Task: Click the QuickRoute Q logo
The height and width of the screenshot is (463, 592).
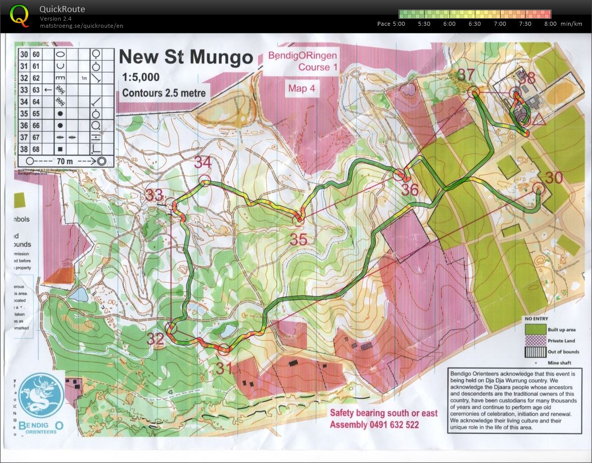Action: [20, 15]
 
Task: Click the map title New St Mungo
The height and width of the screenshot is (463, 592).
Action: [185, 57]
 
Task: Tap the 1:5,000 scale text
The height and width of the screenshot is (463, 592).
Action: [140, 77]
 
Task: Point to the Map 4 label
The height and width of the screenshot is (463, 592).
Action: [302, 88]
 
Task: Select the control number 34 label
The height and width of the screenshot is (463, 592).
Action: [203, 163]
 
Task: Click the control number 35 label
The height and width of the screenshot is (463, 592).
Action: [299, 239]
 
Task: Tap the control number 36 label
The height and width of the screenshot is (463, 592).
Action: [410, 189]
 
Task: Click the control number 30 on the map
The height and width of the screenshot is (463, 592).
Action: [554, 177]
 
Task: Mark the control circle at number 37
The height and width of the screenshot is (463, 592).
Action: [474, 92]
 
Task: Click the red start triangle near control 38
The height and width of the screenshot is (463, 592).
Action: [538, 119]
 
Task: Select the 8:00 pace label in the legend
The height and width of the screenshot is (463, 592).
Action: [550, 24]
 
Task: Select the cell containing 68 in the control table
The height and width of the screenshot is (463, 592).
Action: [36, 149]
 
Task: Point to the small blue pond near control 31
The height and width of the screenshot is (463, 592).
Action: [228, 330]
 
